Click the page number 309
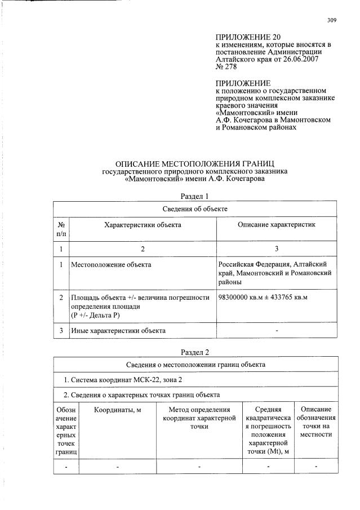[x=331, y=21]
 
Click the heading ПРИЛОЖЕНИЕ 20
[x=243, y=37]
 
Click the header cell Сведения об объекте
[x=194, y=209]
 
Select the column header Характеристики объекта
[x=143, y=224]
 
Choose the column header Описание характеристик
[x=277, y=224]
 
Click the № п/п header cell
[x=61, y=229]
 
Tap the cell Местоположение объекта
[x=111, y=264]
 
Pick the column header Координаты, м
[x=117, y=410]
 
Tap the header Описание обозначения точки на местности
[x=315, y=422]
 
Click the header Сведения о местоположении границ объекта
[x=194, y=365]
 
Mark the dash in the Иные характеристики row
[x=276, y=331]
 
